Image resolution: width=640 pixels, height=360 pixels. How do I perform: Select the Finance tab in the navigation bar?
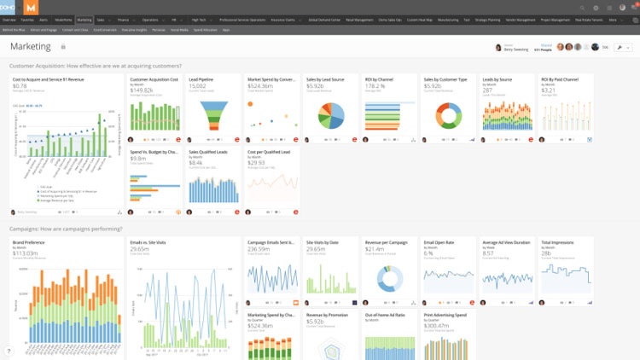tap(124, 18)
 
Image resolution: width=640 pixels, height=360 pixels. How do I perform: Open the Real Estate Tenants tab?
tap(587, 18)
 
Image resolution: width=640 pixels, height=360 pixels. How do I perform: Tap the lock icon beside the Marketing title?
tap(63, 47)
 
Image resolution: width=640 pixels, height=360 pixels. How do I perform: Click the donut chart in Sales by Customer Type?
tap(444, 114)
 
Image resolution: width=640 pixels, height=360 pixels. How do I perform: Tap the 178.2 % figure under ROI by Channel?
tap(375, 86)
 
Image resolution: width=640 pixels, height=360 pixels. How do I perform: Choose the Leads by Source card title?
tap(497, 79)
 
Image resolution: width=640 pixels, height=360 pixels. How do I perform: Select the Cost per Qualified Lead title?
tap(269, 151)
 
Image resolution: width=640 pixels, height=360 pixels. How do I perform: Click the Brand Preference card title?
tap(29, 242)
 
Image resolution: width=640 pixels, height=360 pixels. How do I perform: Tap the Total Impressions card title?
tap(558, 242)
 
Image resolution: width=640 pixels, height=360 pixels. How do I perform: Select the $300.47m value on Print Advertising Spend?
tap(437, 325)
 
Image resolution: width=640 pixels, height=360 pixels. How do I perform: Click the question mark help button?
tap(9, 351)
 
